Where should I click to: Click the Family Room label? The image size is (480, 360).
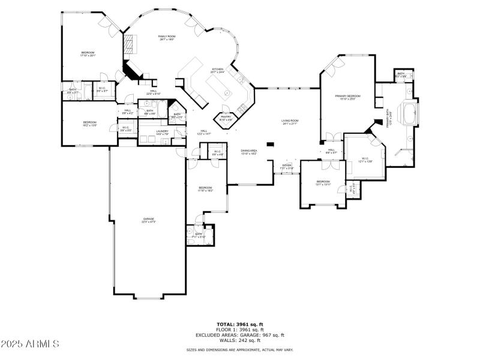(x=166, y=37)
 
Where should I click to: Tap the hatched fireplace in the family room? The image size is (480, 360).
(x=130, y=44)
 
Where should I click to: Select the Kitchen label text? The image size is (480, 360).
(x=217, y=71)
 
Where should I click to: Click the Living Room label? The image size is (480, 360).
(x=290, y=122)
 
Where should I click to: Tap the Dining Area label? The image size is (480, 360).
(x=249, y=152)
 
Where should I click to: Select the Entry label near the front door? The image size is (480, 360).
(x=287, y=166)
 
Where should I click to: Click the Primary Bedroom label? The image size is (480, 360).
(x=348, y=97)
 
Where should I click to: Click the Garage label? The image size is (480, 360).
(x=148, y=220)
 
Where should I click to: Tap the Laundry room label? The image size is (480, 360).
(x=162, y=132)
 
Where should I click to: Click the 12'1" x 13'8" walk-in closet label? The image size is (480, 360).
(x=366, y=160)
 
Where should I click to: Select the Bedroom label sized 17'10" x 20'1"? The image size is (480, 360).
(x=88, y=54)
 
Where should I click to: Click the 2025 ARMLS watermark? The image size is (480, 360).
(x=30, y=344)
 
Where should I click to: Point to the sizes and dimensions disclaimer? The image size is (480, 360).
(x=240, y=349)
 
